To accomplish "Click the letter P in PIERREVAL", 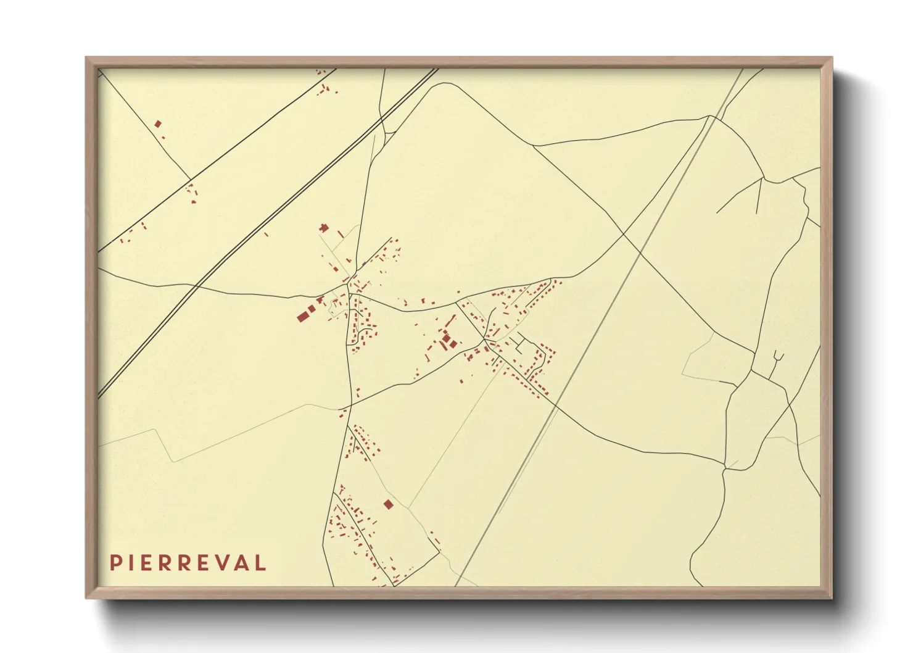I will click(x=115, y=563).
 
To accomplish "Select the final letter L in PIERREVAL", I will click(x=262, y=563).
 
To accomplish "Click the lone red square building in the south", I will click(x=388, y=505).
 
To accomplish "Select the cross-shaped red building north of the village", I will click(x=324, y=228).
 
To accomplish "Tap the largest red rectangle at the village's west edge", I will click(x=302, y=317).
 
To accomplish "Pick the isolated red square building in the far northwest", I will click(x=158, y=123).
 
